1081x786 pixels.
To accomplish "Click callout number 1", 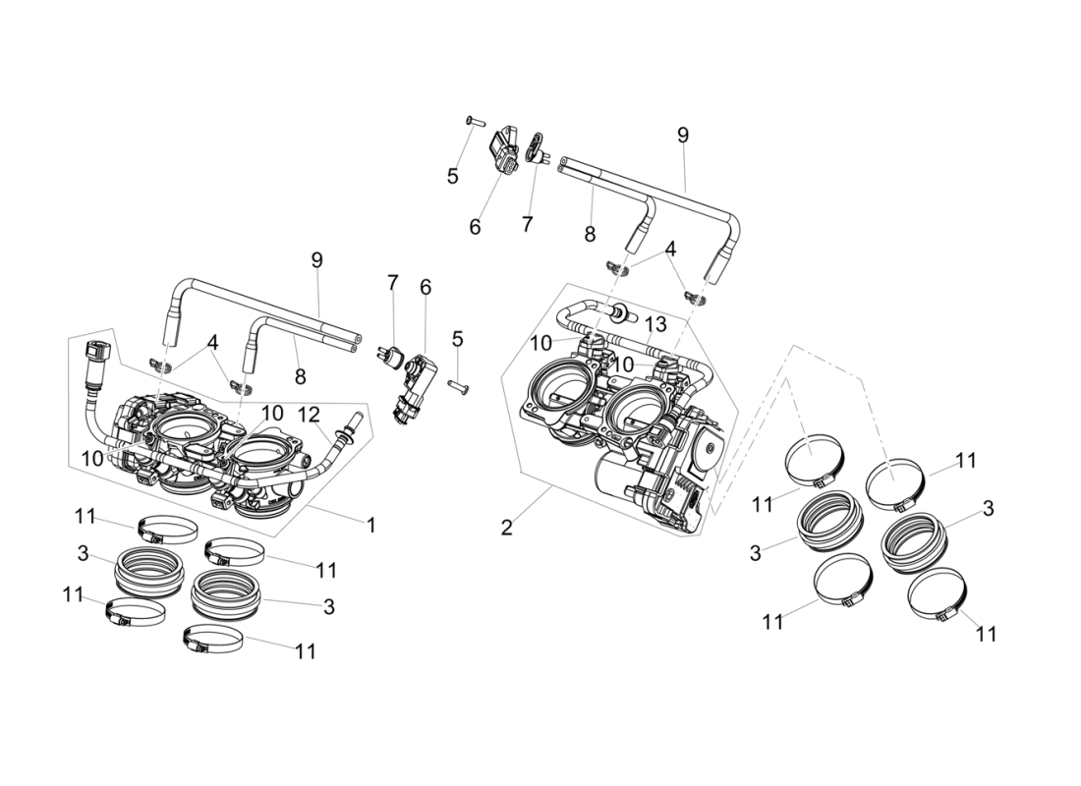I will pos(370,526).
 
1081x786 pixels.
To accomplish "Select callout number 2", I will pos(506,528).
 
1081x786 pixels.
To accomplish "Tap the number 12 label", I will pos(310,415).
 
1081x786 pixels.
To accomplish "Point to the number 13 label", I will pos(655,324).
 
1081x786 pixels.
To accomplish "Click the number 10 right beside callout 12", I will pos(272,414).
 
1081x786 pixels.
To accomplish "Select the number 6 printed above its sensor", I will pos(426,287).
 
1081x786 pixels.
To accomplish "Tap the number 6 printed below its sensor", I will pos(475,227).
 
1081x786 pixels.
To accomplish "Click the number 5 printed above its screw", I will pos(457,339).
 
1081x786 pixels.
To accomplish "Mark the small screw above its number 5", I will pos(472,120).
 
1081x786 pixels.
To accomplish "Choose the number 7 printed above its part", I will pos(392,283).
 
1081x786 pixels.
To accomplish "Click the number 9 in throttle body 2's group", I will pos(683,136).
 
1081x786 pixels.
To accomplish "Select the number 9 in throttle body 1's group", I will pos(316,260).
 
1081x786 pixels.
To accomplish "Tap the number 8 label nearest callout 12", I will pos(300,376).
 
